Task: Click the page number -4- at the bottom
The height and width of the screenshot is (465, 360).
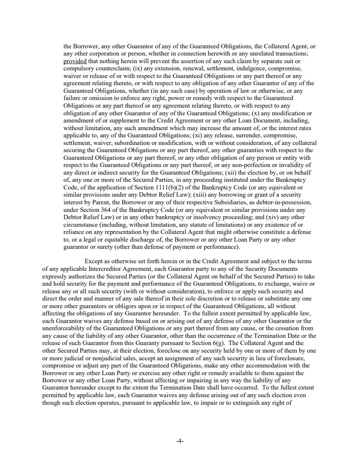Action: [x=180, y=441]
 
